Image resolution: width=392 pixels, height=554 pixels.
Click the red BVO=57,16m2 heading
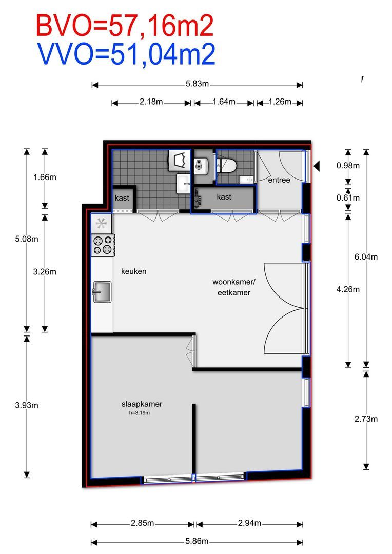pyautogui.click(x=124, y=26)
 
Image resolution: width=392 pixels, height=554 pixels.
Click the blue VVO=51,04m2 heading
pyautogui.click(x=126, y=54)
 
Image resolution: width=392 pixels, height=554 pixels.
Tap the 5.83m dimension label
pyautogui.click(x=197, y=85)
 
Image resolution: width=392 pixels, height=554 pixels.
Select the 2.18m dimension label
pyautogui.click(x=151, y=102)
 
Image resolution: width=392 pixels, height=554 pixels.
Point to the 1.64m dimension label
pyautogui.click(x=224, y=102)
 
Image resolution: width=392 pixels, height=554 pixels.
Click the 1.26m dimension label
pyautogui.click(x=280, y=102)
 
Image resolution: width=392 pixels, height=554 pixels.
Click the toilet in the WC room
pyautogui.click(x=226, y=165)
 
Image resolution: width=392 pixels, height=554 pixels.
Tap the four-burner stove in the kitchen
pyautogui.click(x=103, y=245)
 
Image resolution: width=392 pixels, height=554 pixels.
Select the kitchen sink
pyautogui.click(x=102, y=292)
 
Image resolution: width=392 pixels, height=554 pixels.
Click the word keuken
pyautogui.click(x=133, y=271)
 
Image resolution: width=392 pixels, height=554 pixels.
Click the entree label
pyautogui.click(x=279, y=180)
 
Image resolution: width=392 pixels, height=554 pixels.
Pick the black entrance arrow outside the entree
pyautogui.click(x=317, y=165)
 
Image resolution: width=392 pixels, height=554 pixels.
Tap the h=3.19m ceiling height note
pyautogui.click(x=139, y=412)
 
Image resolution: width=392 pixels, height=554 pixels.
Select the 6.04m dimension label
pyautogui.click(x=366, y=257)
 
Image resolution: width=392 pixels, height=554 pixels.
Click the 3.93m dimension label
pyautogui.click(x=27, y=405)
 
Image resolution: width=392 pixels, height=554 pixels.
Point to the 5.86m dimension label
pyautogui.click(x=198, y=541)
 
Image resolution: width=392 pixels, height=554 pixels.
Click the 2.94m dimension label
pyautogui.click(x=249, y=523)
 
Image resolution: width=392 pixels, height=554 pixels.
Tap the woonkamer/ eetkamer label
pyautogui.click(x=232, y=287)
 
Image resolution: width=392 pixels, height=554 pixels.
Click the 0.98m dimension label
pyautogui.click(x=348, y=165)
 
